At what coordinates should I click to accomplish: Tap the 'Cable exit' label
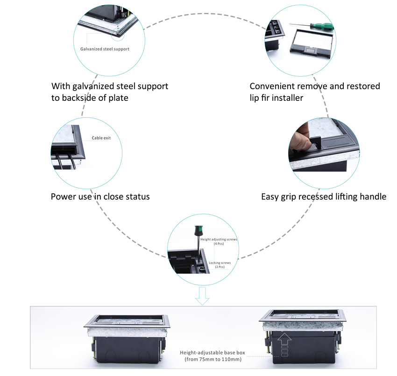click(x=101, y=138)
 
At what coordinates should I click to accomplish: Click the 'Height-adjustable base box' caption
click(x=212, y=353)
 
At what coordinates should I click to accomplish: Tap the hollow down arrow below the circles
click(x=202, y=296)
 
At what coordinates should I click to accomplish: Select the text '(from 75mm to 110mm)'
click(x=212, y=360)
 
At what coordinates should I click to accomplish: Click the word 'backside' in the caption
click(x=79, y=98)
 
